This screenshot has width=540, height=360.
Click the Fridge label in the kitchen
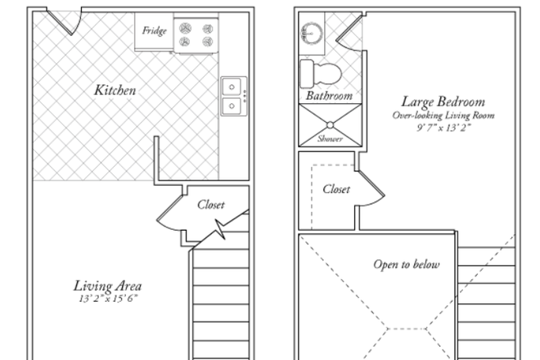[x=154, y=32]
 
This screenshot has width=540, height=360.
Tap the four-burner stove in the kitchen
[x=196, y=33]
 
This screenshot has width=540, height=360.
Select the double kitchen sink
[x=232, y=95]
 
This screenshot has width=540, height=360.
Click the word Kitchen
[x=115, y=90]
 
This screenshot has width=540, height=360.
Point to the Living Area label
[x=107, y=286]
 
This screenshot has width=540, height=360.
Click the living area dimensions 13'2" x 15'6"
[x=107, y=299]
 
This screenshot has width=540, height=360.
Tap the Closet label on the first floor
[x=210, y=205]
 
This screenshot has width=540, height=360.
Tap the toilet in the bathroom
[x=320, y=73]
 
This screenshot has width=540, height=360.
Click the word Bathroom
[x=329, y=96]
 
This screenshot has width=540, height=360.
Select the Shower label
[x=330, y=139]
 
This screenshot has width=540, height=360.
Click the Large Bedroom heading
[x=443, y=102]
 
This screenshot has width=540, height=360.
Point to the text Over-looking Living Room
[x=443, y=115]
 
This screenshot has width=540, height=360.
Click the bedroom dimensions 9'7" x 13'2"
[x=443, y=128]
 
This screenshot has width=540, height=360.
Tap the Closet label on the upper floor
[x=336, y=189]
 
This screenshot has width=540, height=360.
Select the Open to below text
[x=407, y=264]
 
